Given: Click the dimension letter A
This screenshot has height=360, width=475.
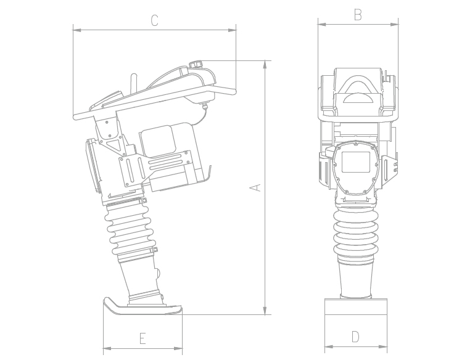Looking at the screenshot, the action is click(x=255, y=187).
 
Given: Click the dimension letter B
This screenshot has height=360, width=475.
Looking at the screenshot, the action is click(x=358, y=15).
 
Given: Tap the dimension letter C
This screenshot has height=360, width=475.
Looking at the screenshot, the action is click(x=154, y=20).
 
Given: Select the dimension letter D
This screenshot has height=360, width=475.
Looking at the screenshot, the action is click(x=355, y=337).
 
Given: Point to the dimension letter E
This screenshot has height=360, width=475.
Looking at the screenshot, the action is click(x=142, y=338).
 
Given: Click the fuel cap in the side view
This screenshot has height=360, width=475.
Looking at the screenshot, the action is click(x=196, y=64).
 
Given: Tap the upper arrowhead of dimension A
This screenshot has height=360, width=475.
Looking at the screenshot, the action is click(x=265, y=64).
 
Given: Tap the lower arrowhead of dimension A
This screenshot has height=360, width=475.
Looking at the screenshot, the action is click(x=265, y=311).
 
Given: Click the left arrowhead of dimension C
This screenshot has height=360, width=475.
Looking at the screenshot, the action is click(x=77, y=30).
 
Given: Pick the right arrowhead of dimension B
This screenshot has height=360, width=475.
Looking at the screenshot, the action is click(x=394, y=24).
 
